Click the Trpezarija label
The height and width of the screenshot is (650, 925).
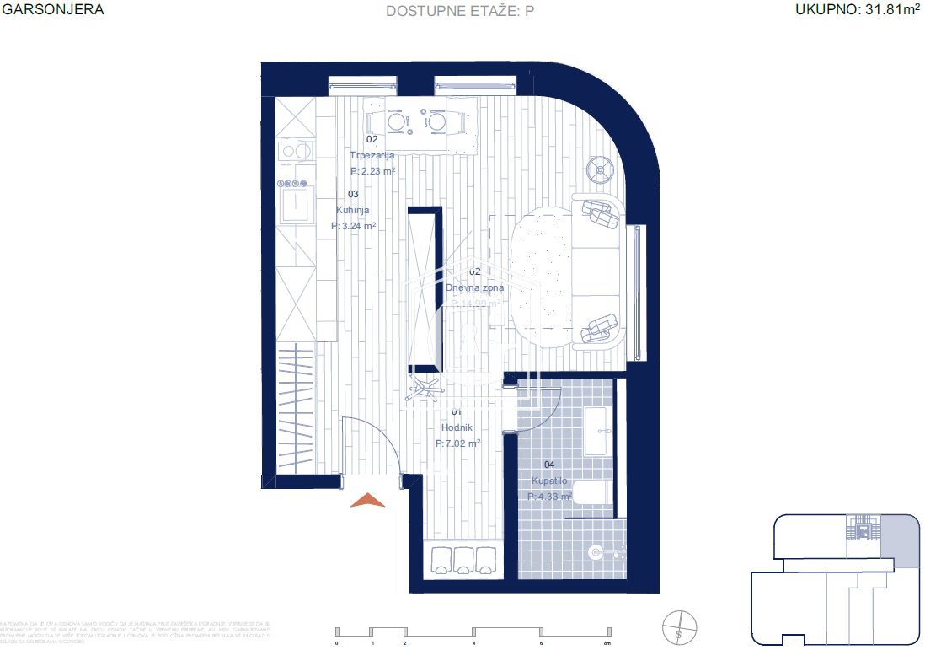[372, 155]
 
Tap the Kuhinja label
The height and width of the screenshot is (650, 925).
[353, 211]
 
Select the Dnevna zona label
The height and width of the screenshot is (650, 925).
[474, 287]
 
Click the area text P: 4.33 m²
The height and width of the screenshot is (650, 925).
[549, 497]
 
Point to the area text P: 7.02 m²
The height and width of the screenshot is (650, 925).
[458, 443]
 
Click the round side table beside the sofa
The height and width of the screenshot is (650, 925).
[602, 170]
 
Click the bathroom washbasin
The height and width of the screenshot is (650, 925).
[596, 430]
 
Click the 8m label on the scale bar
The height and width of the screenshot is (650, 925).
[606, 643]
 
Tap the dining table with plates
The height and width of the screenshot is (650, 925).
[418, 122]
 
